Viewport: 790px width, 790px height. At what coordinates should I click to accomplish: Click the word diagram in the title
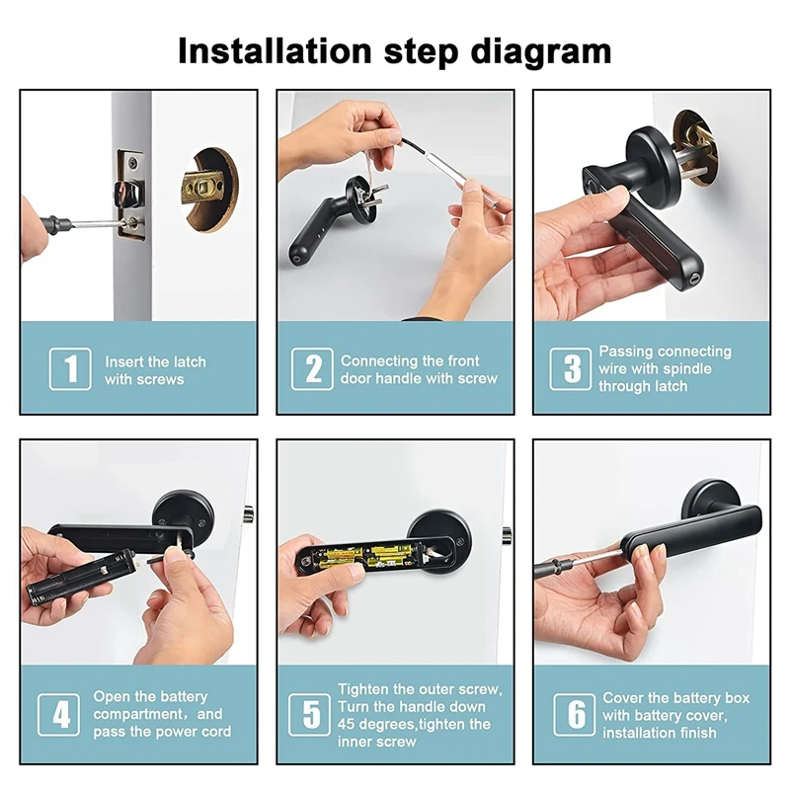540,52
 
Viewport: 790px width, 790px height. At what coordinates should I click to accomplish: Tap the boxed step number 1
70,368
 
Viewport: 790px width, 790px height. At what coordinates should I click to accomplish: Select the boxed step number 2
312,368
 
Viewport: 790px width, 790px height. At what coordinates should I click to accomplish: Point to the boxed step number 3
571,368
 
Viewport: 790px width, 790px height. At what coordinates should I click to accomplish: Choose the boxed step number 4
59,714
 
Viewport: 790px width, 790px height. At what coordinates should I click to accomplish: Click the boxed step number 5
310,714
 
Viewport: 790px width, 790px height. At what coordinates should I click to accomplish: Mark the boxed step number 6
575,714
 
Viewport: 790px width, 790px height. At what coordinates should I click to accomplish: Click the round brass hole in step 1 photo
209,189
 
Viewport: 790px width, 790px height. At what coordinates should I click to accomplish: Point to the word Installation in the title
275,51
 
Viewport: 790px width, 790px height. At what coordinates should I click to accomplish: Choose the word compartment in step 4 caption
138,714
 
